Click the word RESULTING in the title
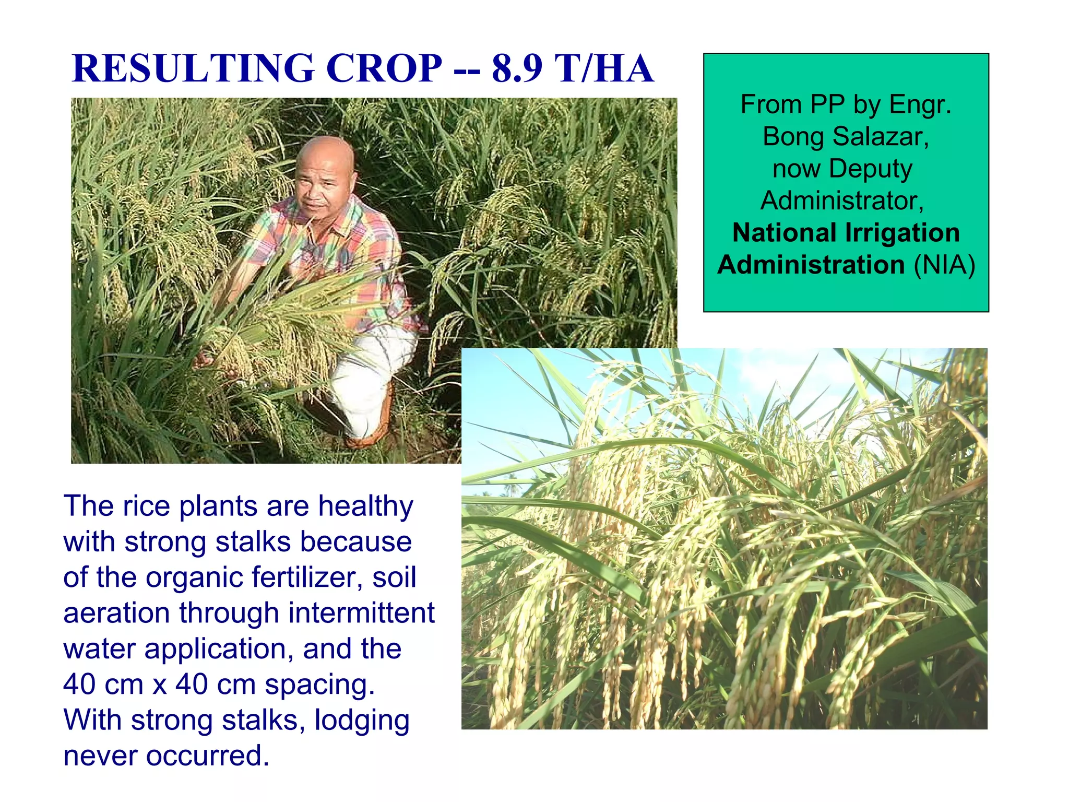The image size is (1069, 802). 193,68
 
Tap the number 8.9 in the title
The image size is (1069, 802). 517,68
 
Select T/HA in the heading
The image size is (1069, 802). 604,68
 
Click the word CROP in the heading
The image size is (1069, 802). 384,68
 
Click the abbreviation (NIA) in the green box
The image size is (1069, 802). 944,265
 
